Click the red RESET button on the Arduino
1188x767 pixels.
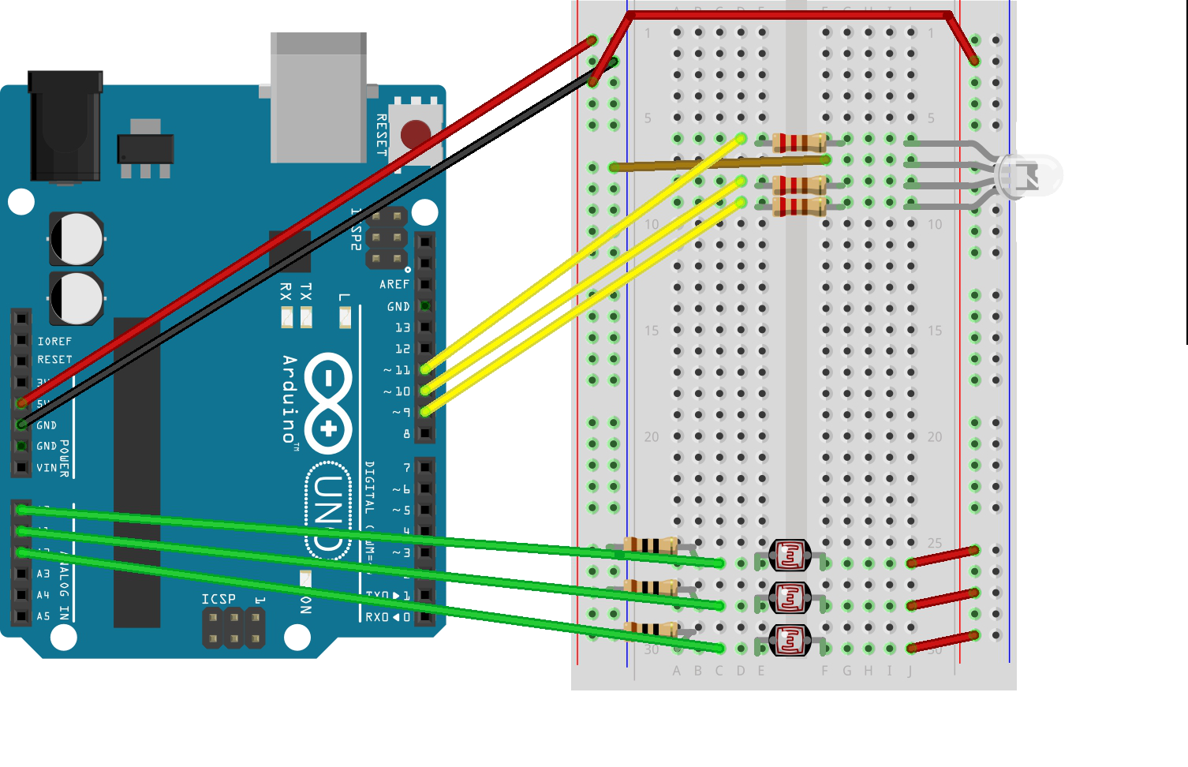[415, 133]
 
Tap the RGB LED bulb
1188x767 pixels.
[1029, 175]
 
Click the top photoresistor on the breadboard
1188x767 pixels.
[790, 556]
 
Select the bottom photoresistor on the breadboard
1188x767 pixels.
[790, 640]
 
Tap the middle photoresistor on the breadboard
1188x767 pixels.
[790, 598]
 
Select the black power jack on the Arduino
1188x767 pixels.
[65, 126]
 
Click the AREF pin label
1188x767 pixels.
[394, 284]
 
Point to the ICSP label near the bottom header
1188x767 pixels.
[219, 599]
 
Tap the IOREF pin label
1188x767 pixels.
[54, 342]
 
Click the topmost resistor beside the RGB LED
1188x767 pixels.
[799, 142]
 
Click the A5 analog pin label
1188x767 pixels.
[43, 616]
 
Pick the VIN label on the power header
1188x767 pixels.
[47, 468]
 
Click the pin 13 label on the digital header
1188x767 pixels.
[402, 327]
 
